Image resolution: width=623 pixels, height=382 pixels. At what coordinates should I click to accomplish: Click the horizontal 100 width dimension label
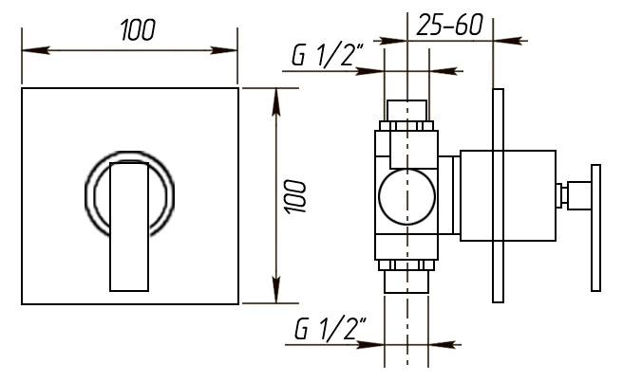tap(138, 30)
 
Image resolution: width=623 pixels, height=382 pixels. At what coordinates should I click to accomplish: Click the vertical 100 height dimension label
tap(295, 196)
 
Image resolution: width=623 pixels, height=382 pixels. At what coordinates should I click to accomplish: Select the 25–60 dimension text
tap(449, 25)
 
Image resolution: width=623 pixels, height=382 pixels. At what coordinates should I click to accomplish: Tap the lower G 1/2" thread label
tap(330, 329)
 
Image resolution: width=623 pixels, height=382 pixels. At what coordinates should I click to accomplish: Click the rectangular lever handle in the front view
tap(129, 227)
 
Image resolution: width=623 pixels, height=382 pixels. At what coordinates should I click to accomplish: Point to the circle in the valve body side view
tap(406, 196)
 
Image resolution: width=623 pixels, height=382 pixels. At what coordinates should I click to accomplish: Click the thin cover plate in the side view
tap(498, 195)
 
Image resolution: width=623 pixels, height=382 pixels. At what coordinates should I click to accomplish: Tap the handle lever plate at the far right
tap(595, 227)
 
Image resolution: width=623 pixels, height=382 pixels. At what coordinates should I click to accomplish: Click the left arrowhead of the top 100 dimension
tap(36, 50)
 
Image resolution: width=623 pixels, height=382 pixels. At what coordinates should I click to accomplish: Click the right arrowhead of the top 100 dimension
tap(224, 50)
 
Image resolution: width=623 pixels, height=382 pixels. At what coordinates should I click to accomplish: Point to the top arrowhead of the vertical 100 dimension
tap(276, 102)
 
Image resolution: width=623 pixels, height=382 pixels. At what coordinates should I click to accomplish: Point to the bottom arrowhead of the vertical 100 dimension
tap(276, 289)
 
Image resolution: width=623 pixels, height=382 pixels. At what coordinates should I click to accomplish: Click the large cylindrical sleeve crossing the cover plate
tap(508, 195)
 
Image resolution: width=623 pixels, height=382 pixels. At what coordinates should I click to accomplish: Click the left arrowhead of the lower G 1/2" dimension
tap(370, 345)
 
